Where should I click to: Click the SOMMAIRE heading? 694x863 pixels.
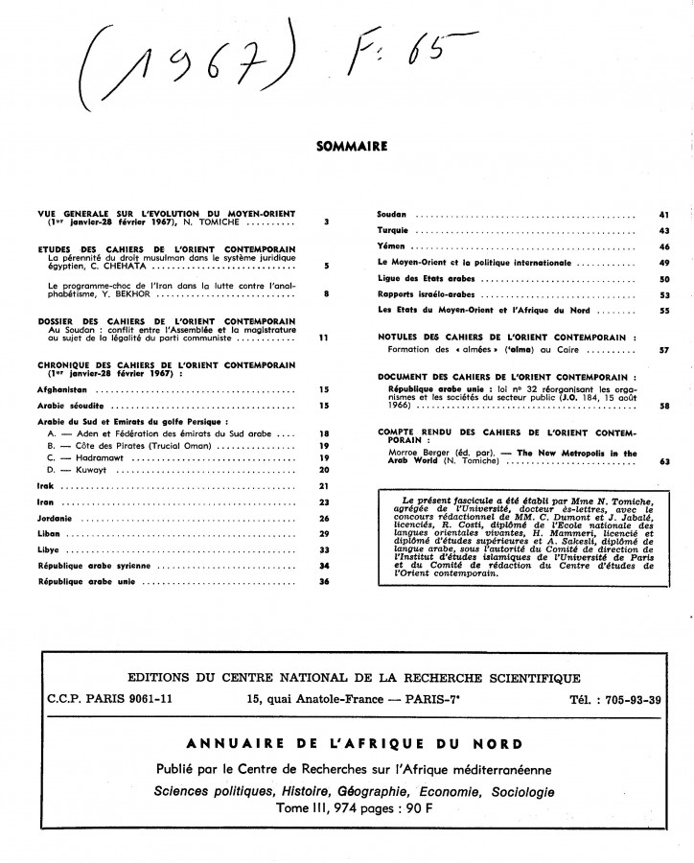click(x=351, y=148)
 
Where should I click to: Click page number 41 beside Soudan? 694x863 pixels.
click(x=662, y=214)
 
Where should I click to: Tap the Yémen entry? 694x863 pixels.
click(x=390, y=247)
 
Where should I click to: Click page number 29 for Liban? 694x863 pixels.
click(x=324, y=534)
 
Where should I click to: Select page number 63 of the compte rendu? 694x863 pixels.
click(x=662, y=462)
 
